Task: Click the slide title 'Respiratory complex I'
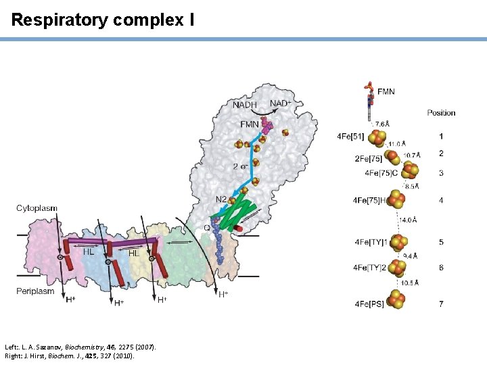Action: [103, 20]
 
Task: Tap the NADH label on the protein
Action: [245, 105]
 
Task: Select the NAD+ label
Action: [281, 103]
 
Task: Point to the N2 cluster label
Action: [221, 199]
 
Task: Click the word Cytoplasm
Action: [37, 208]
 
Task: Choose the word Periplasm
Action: [35, 291]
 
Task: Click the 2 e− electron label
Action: [240, 166]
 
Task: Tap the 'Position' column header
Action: [441, 113]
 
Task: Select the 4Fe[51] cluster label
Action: [350, 137]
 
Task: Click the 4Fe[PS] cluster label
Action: [369, 304]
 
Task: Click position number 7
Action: [441, 304]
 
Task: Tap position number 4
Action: [441, 200]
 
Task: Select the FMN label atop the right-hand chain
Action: [386, 91]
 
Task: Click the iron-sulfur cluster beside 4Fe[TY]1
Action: [400, 242]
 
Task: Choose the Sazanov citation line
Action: [80, 347]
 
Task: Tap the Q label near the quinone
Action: [207, 228]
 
